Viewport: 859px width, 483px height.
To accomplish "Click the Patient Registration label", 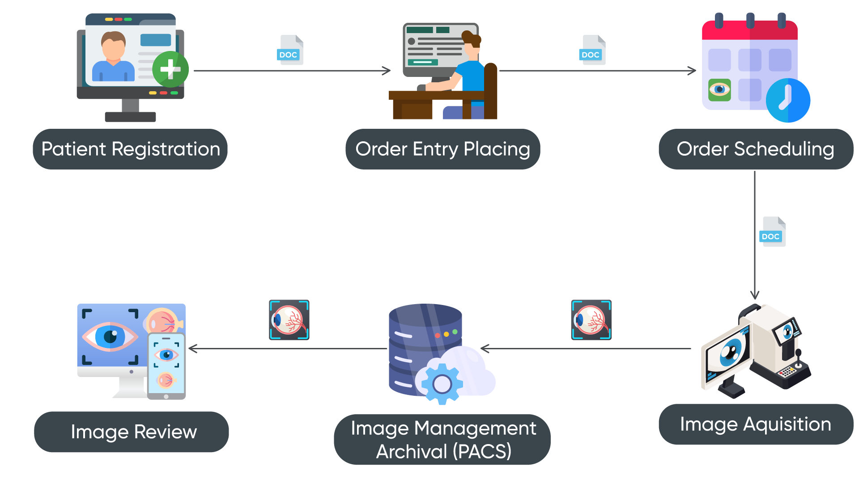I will [130, 149].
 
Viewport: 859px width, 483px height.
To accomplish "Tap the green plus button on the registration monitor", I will [170, 69].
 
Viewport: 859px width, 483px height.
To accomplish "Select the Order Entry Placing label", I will [442, 149].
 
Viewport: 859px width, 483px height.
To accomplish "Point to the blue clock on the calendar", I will [788, 100].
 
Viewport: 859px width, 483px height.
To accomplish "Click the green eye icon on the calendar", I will [719, 90].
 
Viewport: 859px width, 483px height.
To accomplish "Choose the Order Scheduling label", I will [755, 149].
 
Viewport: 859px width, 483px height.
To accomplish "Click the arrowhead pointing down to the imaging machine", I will [755, 295].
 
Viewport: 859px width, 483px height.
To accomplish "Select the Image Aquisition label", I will [755, 424].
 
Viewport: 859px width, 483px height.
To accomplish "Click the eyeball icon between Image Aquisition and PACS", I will [591, 320].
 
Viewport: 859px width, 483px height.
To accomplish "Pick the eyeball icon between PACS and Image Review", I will [289, 320].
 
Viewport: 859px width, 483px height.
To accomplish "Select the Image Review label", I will [133, 432].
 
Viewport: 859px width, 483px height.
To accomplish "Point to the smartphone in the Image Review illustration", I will [166, 366].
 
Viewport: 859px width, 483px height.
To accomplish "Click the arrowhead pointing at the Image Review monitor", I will [192, 348].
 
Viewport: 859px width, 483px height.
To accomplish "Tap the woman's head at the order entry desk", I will [471, 42].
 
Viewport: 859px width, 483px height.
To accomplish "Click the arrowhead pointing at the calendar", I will [693, 71].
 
